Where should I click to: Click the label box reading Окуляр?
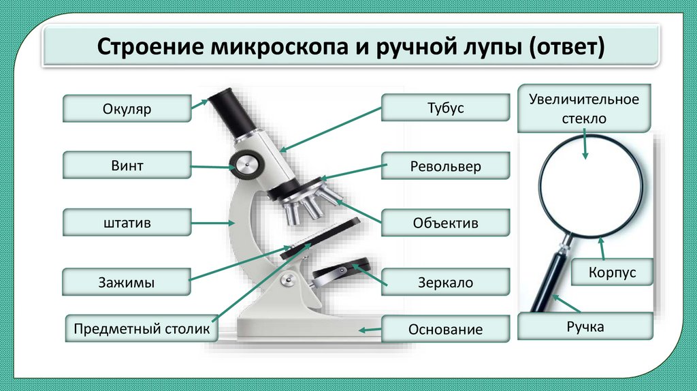(127, 109)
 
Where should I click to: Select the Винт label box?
(127, 166)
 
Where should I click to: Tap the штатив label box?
(127, 223)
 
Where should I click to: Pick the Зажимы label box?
(127, 282)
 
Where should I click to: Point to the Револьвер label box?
(445, 166)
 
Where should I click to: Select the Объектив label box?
(445, 223)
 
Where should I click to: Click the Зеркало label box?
(445, 282)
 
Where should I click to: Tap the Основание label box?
(445, 329)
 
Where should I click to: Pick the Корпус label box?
(612, 272)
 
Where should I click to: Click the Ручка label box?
(585, 327)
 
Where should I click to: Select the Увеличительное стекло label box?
(585, 108)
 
